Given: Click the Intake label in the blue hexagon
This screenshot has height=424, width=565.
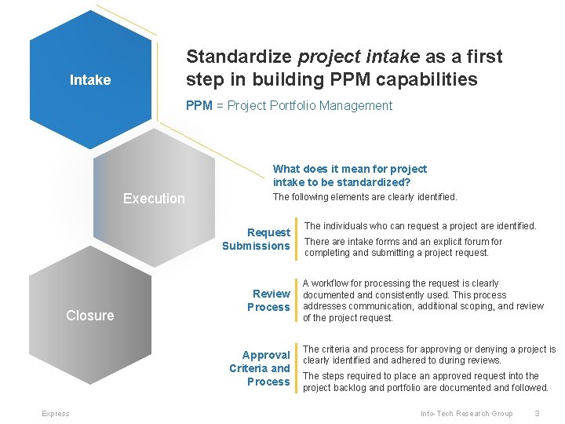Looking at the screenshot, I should (x=90, y=80).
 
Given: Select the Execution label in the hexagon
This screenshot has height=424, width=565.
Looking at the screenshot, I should (x=154, y=199).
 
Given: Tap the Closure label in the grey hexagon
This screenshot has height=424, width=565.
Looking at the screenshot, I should (x=89, y=316).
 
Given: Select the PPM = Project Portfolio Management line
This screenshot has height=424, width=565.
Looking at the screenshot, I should (x=289, y=106).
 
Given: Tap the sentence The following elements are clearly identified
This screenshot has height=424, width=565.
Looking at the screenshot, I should (x=364, y=198).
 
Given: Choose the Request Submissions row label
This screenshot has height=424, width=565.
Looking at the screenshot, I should (x=257, y=239).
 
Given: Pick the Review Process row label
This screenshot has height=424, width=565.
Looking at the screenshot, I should (x=268, y=301).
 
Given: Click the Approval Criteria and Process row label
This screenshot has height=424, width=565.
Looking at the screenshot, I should (x=260, y=368).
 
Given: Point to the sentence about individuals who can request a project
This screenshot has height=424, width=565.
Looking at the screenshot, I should (x=420, y=226).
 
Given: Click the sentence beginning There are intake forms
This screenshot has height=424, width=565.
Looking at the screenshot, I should (x=403, y=247).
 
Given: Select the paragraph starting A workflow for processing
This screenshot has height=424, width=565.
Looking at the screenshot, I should (x=422, y=301).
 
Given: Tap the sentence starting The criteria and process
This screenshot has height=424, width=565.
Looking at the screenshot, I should (x=428, y=355).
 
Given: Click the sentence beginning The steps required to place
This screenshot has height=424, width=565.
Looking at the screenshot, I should (x=425, y=382).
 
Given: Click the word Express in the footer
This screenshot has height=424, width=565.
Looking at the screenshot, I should (x=56, y=414).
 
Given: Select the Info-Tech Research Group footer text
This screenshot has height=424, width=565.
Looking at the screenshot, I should (x=466, y=414).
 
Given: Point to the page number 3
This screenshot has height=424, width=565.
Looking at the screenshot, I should (x=537, y=414).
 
